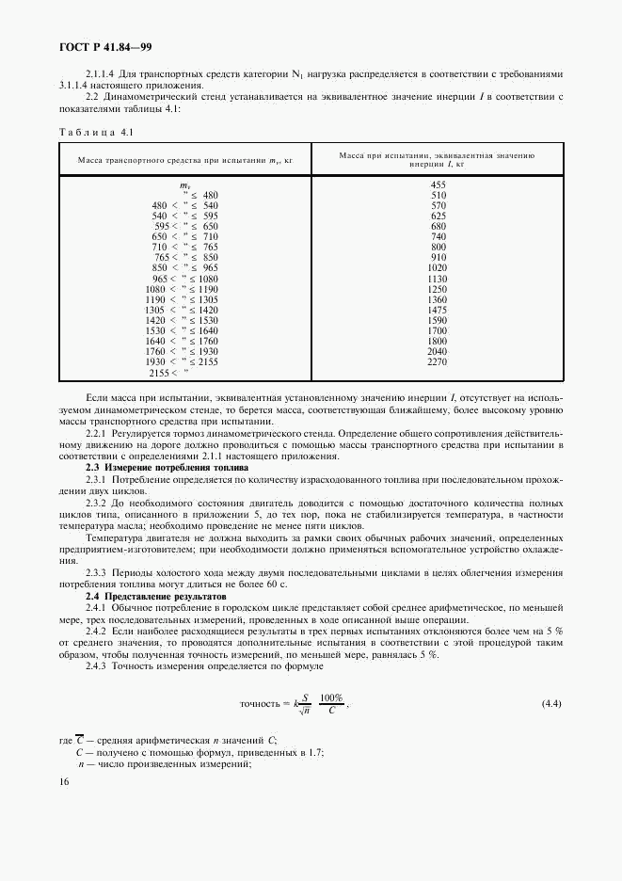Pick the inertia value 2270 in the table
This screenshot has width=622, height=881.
coord(438,360)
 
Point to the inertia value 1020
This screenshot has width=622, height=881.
coord(438,267)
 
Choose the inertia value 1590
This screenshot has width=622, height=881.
coord(438,320)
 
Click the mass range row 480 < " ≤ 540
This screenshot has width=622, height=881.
coord(184,205)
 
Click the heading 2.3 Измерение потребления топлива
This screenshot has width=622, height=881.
coord(167,467)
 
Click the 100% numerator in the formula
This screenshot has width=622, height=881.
coord(331,697)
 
